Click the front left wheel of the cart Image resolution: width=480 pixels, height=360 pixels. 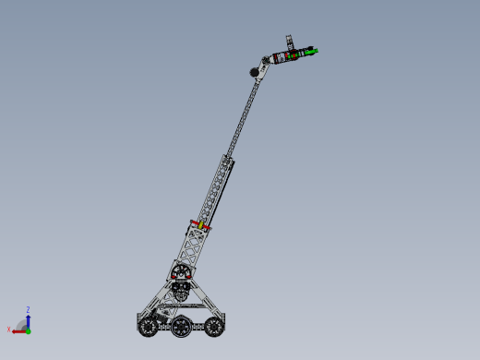click(x=147, y=325)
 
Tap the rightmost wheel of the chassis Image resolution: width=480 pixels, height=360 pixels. click(x=213, y=324)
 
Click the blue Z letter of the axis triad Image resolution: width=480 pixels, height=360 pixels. click(x=29, y=310)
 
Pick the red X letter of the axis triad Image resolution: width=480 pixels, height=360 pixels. click(x=9, y=330)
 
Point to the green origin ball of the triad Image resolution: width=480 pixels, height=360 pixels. click(x=28, y=330)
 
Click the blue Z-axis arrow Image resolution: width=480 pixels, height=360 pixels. click(x=28, y=319)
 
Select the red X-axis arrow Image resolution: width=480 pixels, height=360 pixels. click(x=18, y=330)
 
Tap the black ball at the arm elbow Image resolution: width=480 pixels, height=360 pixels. click(x=252, y=72)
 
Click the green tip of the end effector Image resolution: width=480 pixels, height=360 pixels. click(x=315, y=52)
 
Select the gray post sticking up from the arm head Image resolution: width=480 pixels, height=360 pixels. click(x=287, y=42)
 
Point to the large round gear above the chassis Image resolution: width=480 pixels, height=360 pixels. click(x=181, y=272)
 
